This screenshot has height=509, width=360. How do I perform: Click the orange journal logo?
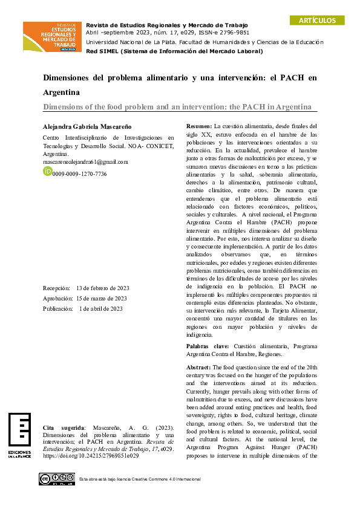pos(53,36)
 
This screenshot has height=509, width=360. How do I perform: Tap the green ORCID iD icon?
pos(47,172)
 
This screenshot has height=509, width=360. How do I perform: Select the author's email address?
pos(85,162)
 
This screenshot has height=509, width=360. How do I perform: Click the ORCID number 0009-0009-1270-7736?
pos(79,173)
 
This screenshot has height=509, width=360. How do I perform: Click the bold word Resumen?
pos(198,126)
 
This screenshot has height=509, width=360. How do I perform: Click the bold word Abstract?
pos(198,367)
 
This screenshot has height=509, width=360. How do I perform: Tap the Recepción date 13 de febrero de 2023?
pos(103,288)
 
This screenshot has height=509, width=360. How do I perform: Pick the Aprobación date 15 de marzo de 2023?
pos(101,298)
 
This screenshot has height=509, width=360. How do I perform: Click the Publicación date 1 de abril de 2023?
pos(100,308)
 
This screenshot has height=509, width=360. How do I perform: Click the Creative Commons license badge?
pos(57,479)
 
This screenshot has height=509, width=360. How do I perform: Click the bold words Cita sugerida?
pos(64,428)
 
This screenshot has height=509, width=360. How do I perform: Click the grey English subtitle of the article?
pos(177,106)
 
